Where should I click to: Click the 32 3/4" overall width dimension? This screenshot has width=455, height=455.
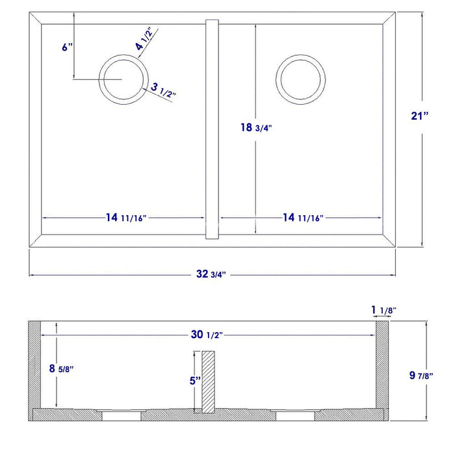pyautogui.click(x=213, y=274)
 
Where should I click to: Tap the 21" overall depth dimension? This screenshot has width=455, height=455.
pyautogui.click(x=421, y=116)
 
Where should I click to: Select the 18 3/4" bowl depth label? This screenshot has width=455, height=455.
pyautogui.click(x=255, y=127)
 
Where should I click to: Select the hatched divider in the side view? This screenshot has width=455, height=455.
pyautogui.click(x=207, y=382)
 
